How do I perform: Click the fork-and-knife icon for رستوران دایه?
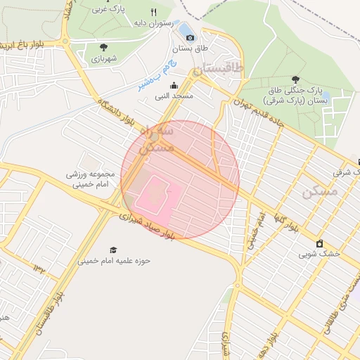click(x=153, y=11)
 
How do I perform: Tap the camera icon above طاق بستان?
click(x=189, y=37)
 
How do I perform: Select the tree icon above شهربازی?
click(x=103, y=47)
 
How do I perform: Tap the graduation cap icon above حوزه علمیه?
click(x=113, y=250)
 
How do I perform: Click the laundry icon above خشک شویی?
click(x=320, y=243)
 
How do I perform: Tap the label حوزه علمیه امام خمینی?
click(x=114, y=261)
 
